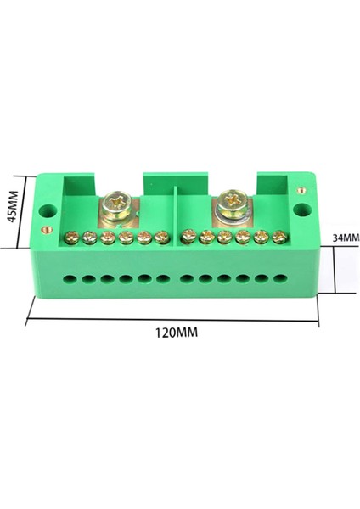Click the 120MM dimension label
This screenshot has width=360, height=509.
click(x=176, y=333)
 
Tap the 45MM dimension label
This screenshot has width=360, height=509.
click(x=12, y=211)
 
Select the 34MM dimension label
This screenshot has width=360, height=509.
click(x=346, y=238)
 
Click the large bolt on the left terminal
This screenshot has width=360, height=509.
click(x=116, y=206)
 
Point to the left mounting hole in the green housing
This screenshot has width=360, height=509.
click(x=48, y=211)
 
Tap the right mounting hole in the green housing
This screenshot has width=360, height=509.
click(x=302, y=210)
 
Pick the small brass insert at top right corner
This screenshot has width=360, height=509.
click(x=301, y=190)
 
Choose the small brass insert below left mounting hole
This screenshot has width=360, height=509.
click(x=47, y=230)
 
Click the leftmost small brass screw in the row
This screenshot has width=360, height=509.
click(x=72, y=238)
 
